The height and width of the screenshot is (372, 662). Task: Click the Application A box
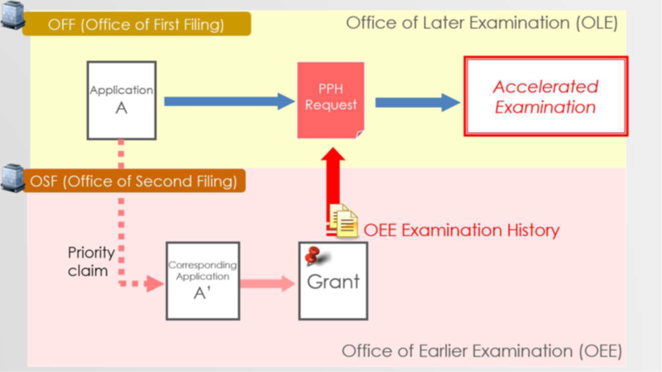(121, 100)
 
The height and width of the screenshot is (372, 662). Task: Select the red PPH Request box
(331, 100)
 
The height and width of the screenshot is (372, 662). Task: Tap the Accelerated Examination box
(545, 97)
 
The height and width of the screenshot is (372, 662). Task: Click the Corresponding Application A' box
(203, 280)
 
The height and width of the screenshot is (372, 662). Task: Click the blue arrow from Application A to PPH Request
(229, 101)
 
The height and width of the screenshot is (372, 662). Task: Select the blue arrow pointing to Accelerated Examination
(417, 101)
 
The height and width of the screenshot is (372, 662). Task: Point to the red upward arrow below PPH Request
(333, 182)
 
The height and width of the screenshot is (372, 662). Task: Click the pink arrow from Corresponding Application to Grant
(268, 283)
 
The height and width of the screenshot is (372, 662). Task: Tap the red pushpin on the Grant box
(314, 256)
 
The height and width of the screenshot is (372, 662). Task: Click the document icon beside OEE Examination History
(344, 221)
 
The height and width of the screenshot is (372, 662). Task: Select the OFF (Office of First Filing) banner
(137, 24)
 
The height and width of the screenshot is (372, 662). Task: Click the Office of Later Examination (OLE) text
(481, 23)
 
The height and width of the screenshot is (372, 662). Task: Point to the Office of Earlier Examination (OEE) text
(481, 351)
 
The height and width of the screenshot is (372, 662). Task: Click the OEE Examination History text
(461, 230)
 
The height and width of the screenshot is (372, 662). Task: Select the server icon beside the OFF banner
(13, 14)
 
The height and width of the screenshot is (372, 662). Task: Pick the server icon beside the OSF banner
(13, 177)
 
